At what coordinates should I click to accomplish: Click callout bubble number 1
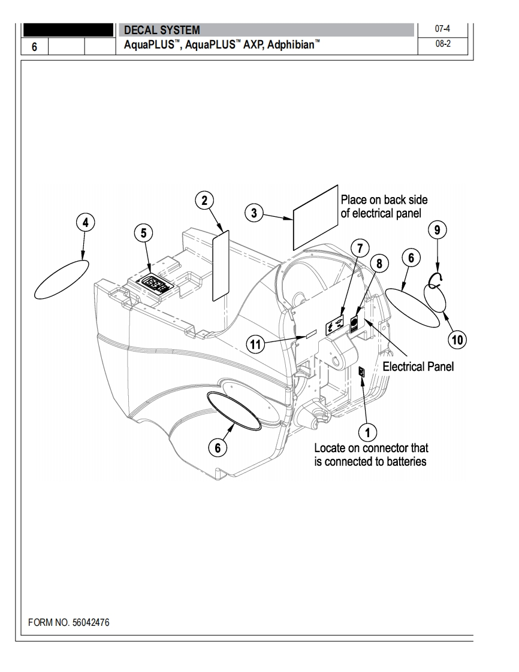(x=367, y=431)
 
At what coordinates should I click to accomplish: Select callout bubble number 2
(x=205, y=201)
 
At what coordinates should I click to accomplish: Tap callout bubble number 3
(x=255, y=213)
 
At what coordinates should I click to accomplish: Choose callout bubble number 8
(x=379, y=262)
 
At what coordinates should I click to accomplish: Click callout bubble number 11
(x=256, y=343)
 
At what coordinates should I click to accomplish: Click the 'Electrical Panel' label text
(x=418, y=367)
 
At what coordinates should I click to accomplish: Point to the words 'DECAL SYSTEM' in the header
(x=162, y=30)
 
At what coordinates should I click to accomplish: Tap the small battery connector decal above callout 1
(x=361, y=372)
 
